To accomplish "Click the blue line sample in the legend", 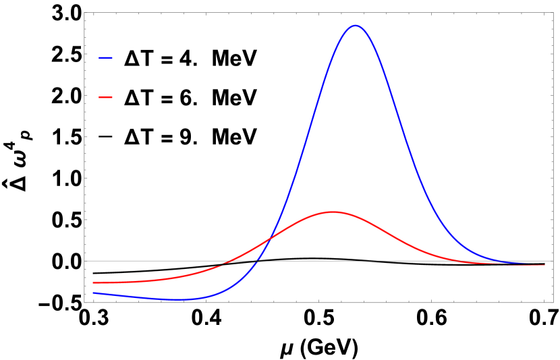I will click(x=106, y=58).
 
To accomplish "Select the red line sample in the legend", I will click(x=106, y=98).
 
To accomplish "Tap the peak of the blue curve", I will click(x=356, y=26).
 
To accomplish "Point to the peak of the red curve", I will click(x=333, y=212).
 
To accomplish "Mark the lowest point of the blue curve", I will click(x=177, y=299).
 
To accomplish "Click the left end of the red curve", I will click(x=93, y=282).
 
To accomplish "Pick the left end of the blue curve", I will click(x=93, y=293).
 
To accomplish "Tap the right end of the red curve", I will click(x=545, y=265).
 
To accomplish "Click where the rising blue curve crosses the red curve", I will click(x=270, y=238).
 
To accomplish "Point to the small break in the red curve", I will click(x=222, y=264).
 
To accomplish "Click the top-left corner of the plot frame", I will click(x=84, y=13).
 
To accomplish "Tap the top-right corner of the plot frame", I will click(x=553, y=13).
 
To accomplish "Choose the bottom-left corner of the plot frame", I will click(x=84, y=303).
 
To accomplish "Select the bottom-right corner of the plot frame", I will click(x=553, y=303).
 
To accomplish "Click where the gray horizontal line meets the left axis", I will click(x=84, y=261).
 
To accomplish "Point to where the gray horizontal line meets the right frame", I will click(x=553, y=261).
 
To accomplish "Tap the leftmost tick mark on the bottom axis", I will click(x=93, y=301).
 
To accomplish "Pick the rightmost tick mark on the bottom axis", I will click(x=544, y=301).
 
